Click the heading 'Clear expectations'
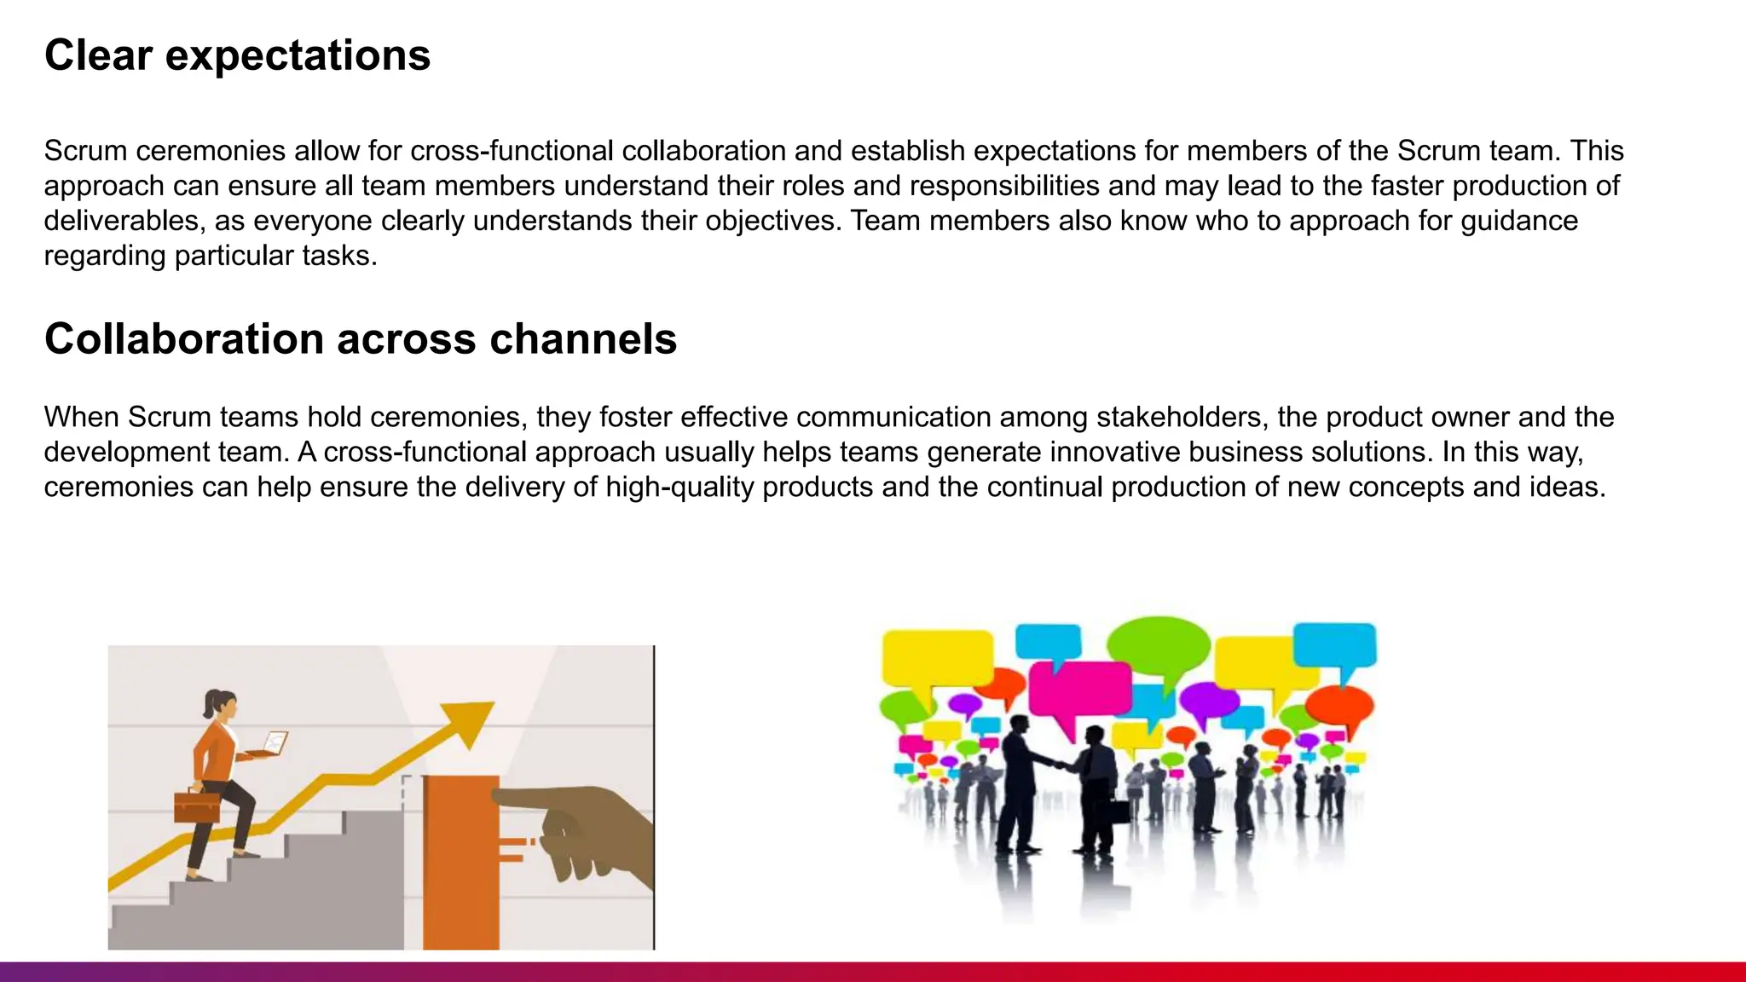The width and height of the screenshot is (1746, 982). pyautogui.click(x=237, y=55)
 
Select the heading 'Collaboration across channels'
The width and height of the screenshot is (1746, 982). pyautogui.click(x=360, y=339)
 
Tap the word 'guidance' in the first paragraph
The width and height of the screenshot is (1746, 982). pyautogui.click(x=1518, y=221)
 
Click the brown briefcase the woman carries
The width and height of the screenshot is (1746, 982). pyautogui.click(x=197, y=806)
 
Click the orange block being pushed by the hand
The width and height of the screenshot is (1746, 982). pyautogui.click(x=460, y=861)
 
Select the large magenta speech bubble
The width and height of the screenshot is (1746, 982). pyautogui.click(x=1079, y=690)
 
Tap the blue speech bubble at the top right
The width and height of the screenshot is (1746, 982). pyautogui.click(x=1334, y=645)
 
